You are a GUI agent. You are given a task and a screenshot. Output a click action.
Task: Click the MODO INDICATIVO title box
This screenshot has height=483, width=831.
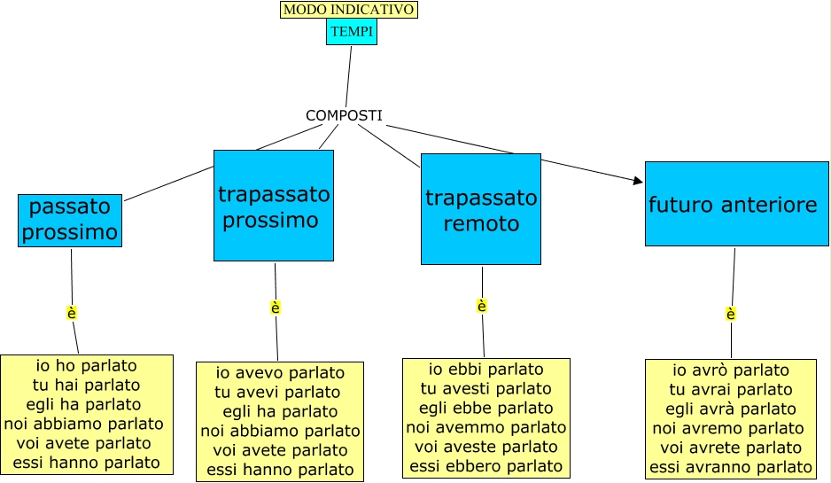tap(348, 10)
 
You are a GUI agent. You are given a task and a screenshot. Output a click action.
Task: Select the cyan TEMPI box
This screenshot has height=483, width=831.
tap(352, 32)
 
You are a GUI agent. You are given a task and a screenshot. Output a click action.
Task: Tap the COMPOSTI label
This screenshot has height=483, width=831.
tap(344, 115)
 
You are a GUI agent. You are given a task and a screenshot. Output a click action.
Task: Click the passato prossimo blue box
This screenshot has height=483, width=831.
tap(70, 220)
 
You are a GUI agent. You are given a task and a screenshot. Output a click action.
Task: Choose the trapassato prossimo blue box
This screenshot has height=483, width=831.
tap(274, 206)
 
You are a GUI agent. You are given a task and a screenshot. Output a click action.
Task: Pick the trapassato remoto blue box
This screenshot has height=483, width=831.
tap(480, 209)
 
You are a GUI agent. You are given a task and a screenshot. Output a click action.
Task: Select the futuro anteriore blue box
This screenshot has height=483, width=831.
tap(736, 204)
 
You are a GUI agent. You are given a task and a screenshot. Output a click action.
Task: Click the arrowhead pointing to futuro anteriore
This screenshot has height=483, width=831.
tap(638, 181)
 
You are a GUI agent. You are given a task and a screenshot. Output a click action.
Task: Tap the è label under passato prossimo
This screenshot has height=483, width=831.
tap(72, 313)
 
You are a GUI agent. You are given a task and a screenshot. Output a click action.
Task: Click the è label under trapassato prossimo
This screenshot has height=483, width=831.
tap(276, 308)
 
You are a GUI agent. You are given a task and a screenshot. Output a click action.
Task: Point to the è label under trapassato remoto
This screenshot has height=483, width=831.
tap(482, 306)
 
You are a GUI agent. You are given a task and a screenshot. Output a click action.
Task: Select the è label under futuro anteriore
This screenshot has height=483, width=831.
tap(731, 314)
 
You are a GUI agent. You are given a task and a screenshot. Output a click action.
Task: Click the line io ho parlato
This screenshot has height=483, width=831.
tap(87, 365)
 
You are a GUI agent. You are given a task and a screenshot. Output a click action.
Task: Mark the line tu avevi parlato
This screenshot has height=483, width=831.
tap(278, 392)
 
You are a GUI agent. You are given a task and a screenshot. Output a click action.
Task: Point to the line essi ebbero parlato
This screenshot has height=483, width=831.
tap(486, 465)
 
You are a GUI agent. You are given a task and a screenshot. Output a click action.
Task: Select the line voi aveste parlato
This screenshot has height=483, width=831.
tap(486, 446)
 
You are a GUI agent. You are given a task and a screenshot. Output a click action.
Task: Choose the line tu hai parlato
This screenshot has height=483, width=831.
tap(87, 385)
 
